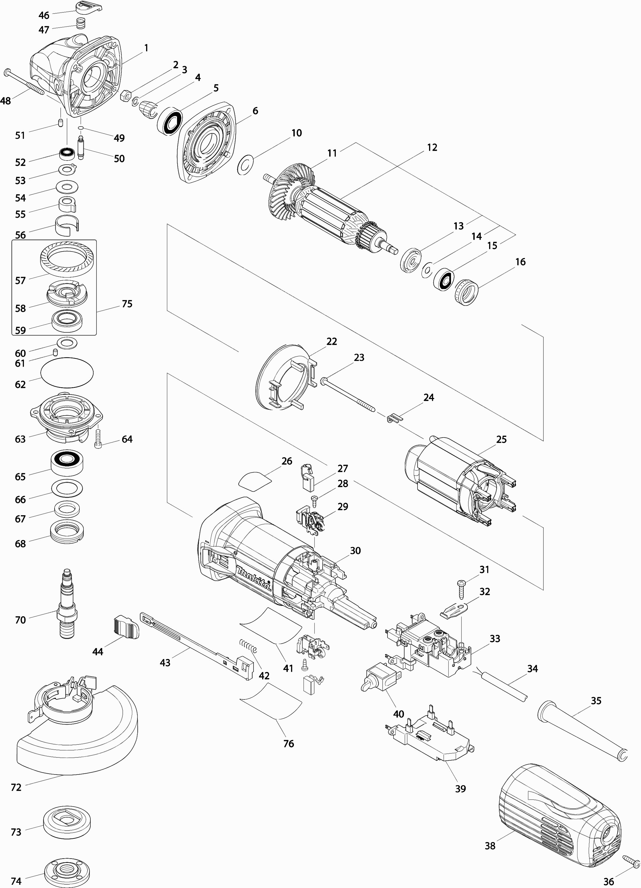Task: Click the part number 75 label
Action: tap(127, 304)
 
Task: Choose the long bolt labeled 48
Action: tap(23, 82)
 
